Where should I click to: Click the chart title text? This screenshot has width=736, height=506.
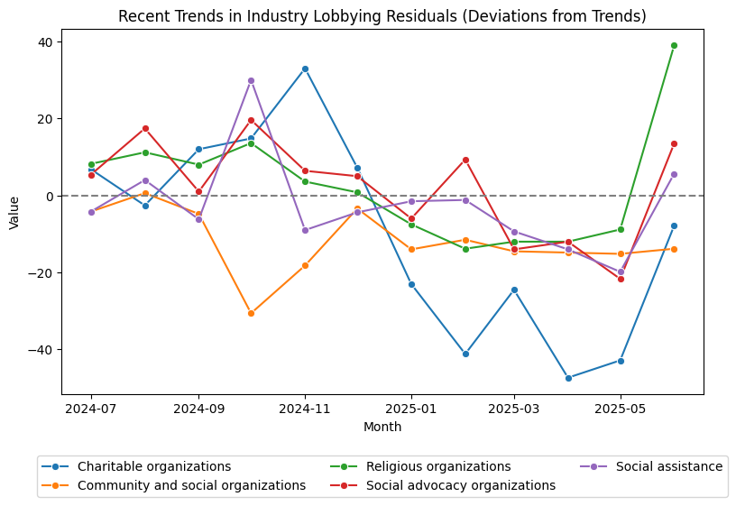382,16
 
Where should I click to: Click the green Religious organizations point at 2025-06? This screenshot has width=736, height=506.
674,45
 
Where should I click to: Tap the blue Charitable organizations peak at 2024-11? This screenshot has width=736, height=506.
305,69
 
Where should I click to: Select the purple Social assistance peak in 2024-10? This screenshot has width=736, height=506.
251,80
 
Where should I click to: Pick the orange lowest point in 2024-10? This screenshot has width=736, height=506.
251,313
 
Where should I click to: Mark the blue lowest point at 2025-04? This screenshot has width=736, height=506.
568,378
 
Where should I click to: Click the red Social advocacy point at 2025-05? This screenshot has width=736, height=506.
621,279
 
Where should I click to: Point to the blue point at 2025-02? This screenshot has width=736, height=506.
465,354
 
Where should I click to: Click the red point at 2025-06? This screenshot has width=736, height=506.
674,143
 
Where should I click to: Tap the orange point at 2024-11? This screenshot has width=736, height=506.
305,265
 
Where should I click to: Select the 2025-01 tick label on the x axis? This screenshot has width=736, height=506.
411,409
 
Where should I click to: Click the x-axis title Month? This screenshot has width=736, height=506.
382,427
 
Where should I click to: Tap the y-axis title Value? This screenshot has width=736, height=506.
14,212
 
